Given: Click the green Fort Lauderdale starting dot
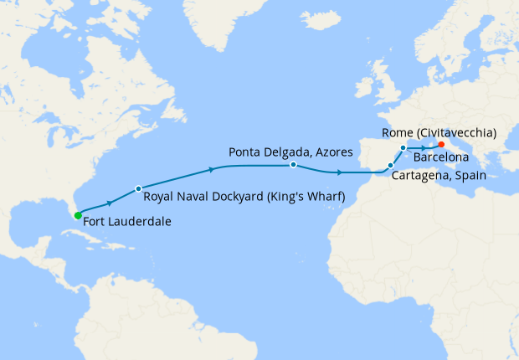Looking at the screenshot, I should point(78,215).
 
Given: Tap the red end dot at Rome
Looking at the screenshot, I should point(441,144).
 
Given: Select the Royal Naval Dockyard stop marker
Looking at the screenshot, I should point(138,188).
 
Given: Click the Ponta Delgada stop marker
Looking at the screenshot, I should point(293,165).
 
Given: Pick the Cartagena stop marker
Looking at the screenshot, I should point(391,166).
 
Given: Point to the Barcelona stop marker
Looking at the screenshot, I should point(403,148).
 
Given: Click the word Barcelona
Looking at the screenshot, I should point(451,157).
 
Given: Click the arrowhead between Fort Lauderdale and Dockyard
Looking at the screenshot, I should point(110,203).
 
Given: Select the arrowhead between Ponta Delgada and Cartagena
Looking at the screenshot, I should point(339,172).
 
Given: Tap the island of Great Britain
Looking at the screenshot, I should point(381,84).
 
